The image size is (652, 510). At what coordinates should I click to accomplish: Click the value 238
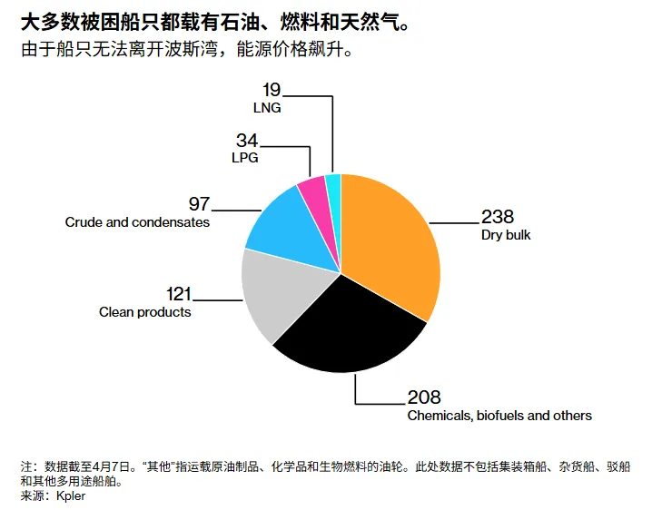(x=498, y=217)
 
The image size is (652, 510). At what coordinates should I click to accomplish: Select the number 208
(x=423, y=397)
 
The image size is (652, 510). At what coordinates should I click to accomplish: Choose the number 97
(x=199, y=204)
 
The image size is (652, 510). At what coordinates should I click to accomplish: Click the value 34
(x=247, y=140)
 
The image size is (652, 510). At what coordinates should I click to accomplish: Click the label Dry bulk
(x=506, y=235)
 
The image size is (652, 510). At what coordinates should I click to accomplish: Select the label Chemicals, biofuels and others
(x=499, y=416)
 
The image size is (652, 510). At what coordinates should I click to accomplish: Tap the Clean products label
(x=145, y=312)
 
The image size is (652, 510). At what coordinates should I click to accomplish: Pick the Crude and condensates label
(x=137, y=222)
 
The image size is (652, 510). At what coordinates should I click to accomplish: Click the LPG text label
(x=245, y=158)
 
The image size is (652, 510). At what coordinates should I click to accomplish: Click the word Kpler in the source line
(x=71, y=496)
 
